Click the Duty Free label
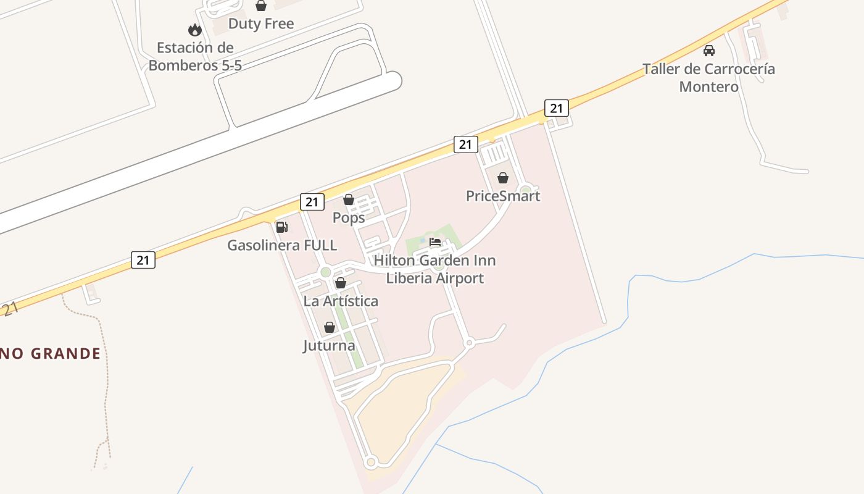tap(261, 24)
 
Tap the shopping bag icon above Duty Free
tap(261, 6)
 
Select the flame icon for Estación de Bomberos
tap(195, 30)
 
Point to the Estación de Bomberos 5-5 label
tap(195, 56)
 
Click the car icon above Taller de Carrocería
tap(709, 51)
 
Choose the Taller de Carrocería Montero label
tap(708, 78)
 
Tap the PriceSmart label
tap(503, 196)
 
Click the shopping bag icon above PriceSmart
tap(503, 178)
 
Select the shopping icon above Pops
tap(349, 199)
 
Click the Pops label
tap(349, 218)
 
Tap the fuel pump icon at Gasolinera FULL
tap(282, 227)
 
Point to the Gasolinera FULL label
tap(282, 246)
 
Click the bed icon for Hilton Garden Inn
tap(435, 242)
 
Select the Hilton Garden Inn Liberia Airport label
tap(435, 269)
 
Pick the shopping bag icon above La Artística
tap(341, 283)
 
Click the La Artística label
tap(341, 301)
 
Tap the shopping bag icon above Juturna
tap(330, 327)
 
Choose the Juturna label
tap(330, 346)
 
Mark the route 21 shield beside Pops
tap(312, 201)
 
